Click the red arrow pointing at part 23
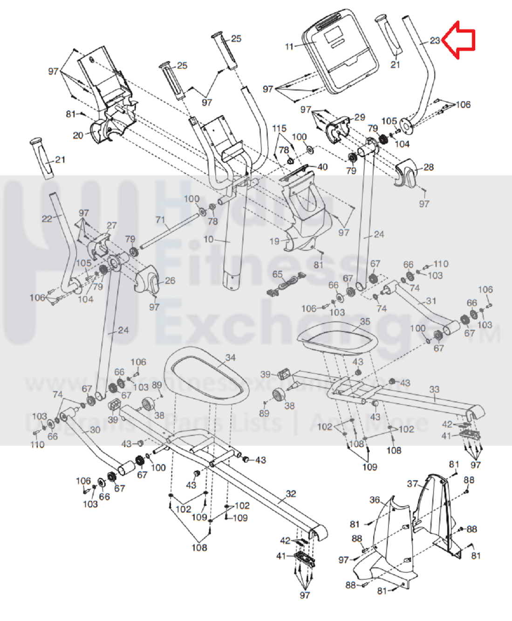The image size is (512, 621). coord(459,40)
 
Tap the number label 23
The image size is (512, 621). coord(435,41)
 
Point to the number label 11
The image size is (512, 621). coord(289,46)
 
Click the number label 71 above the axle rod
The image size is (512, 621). coord(160,219)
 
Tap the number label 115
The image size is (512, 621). coord(279,128)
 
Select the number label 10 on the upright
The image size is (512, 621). coord(208,239)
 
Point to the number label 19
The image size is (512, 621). coord(274,241)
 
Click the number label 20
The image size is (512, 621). coord(78,135)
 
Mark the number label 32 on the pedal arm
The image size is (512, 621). coord(291,494)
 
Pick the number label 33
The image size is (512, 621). coord(434,389)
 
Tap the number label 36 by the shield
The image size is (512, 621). coord(375,500)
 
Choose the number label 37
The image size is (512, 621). coord(412,484)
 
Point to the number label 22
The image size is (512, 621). coord(47,218)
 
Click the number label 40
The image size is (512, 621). coord(322,167)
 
